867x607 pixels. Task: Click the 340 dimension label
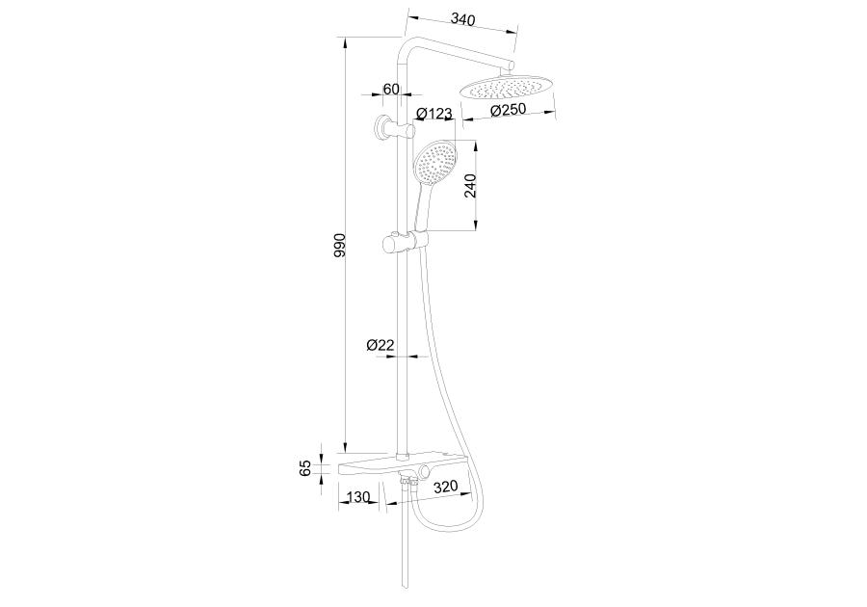click(x=462, y=19)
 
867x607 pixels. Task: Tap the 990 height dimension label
click(x=339, y=245)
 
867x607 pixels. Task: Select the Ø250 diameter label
click(x=508, y=110)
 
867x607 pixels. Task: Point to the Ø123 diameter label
click(x=434, y=114)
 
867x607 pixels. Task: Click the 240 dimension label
click(x=470, y=186)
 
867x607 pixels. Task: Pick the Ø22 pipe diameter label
click(x=380, y=345)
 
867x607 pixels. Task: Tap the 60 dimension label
click(x=391, y=89)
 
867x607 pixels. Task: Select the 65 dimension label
click(x=304, y=467)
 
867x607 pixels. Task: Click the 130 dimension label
click(x=357, y=497)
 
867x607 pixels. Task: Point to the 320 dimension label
click(x=446, y=487)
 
